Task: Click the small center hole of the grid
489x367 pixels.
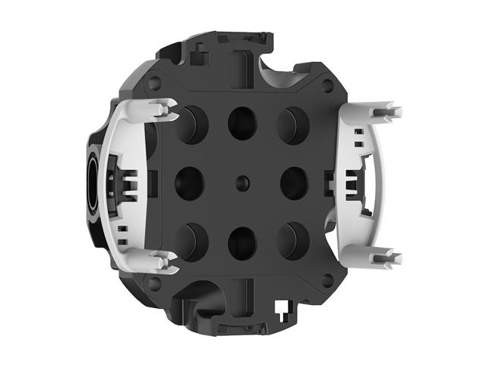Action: (241, 182)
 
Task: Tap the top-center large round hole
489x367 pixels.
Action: (242, 122)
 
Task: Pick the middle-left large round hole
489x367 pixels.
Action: (189, 182)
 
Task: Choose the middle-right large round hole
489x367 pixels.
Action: (293, 182)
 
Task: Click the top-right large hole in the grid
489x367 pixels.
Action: (291, 124)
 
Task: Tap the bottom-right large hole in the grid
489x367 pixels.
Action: (291, 240)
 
